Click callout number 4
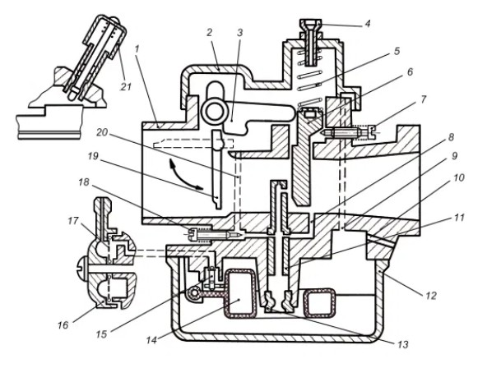[x=368, y=24]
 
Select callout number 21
[x=126, y=87]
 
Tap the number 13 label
[x=403, y=344]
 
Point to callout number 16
[x=63, y=325]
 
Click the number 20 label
[x=102, y=133]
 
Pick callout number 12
[x=431, y=296]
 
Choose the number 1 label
[x=137, y=49]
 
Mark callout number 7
[x=423, y=100]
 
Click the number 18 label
[x=84, y=182]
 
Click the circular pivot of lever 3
[x=213, y=113]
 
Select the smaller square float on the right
[x=319, y=303]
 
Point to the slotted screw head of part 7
[x=372, y=132]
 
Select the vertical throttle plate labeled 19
[x=217, y=169]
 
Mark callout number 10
[x=458, y=177]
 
